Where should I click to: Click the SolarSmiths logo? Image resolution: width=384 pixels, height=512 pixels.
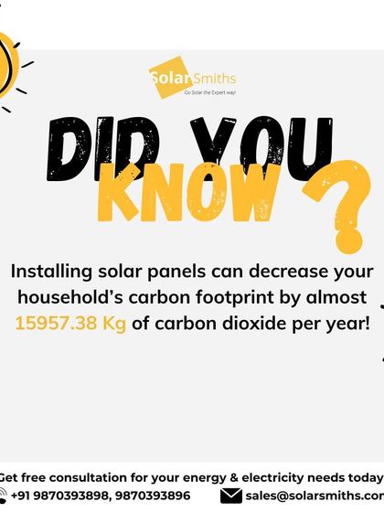(191, 77)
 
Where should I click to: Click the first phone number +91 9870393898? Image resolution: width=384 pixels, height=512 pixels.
(60, 496)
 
